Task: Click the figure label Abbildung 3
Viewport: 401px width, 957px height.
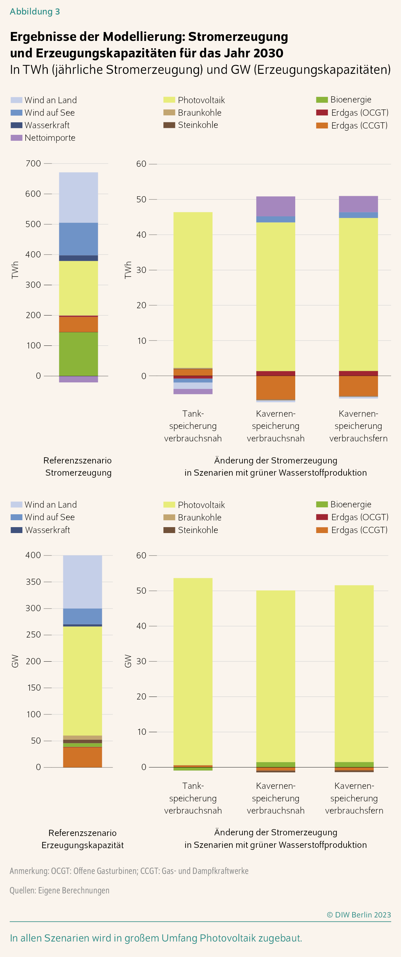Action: (35, 12)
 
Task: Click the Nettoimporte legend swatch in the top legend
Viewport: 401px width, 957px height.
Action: (16, 138)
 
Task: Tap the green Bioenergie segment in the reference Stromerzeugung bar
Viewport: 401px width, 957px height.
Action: (78, 354)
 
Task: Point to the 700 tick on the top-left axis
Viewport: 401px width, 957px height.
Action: (33, 164)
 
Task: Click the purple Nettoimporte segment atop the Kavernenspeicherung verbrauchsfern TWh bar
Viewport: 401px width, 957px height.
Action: (358, 204)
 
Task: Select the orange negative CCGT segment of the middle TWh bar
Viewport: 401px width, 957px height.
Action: (275, 387)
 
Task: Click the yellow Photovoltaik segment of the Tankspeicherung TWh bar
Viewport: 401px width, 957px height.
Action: (193, 290)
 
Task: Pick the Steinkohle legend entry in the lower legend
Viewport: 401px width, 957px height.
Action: (197, 530)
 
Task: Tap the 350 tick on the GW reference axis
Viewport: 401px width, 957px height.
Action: (33, 582)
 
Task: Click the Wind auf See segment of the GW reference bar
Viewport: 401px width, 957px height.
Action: (82, 616)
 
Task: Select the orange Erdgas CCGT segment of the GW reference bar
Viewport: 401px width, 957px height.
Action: (82, 757)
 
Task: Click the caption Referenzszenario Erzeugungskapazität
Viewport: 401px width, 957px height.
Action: (82, 839)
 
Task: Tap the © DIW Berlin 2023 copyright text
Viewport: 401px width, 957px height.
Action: (359, 915)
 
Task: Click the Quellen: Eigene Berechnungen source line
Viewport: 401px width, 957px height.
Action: (59, 890)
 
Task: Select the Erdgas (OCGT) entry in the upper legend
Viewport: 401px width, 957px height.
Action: (359, 112)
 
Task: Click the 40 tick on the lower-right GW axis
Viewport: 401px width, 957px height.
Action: (141, 626)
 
